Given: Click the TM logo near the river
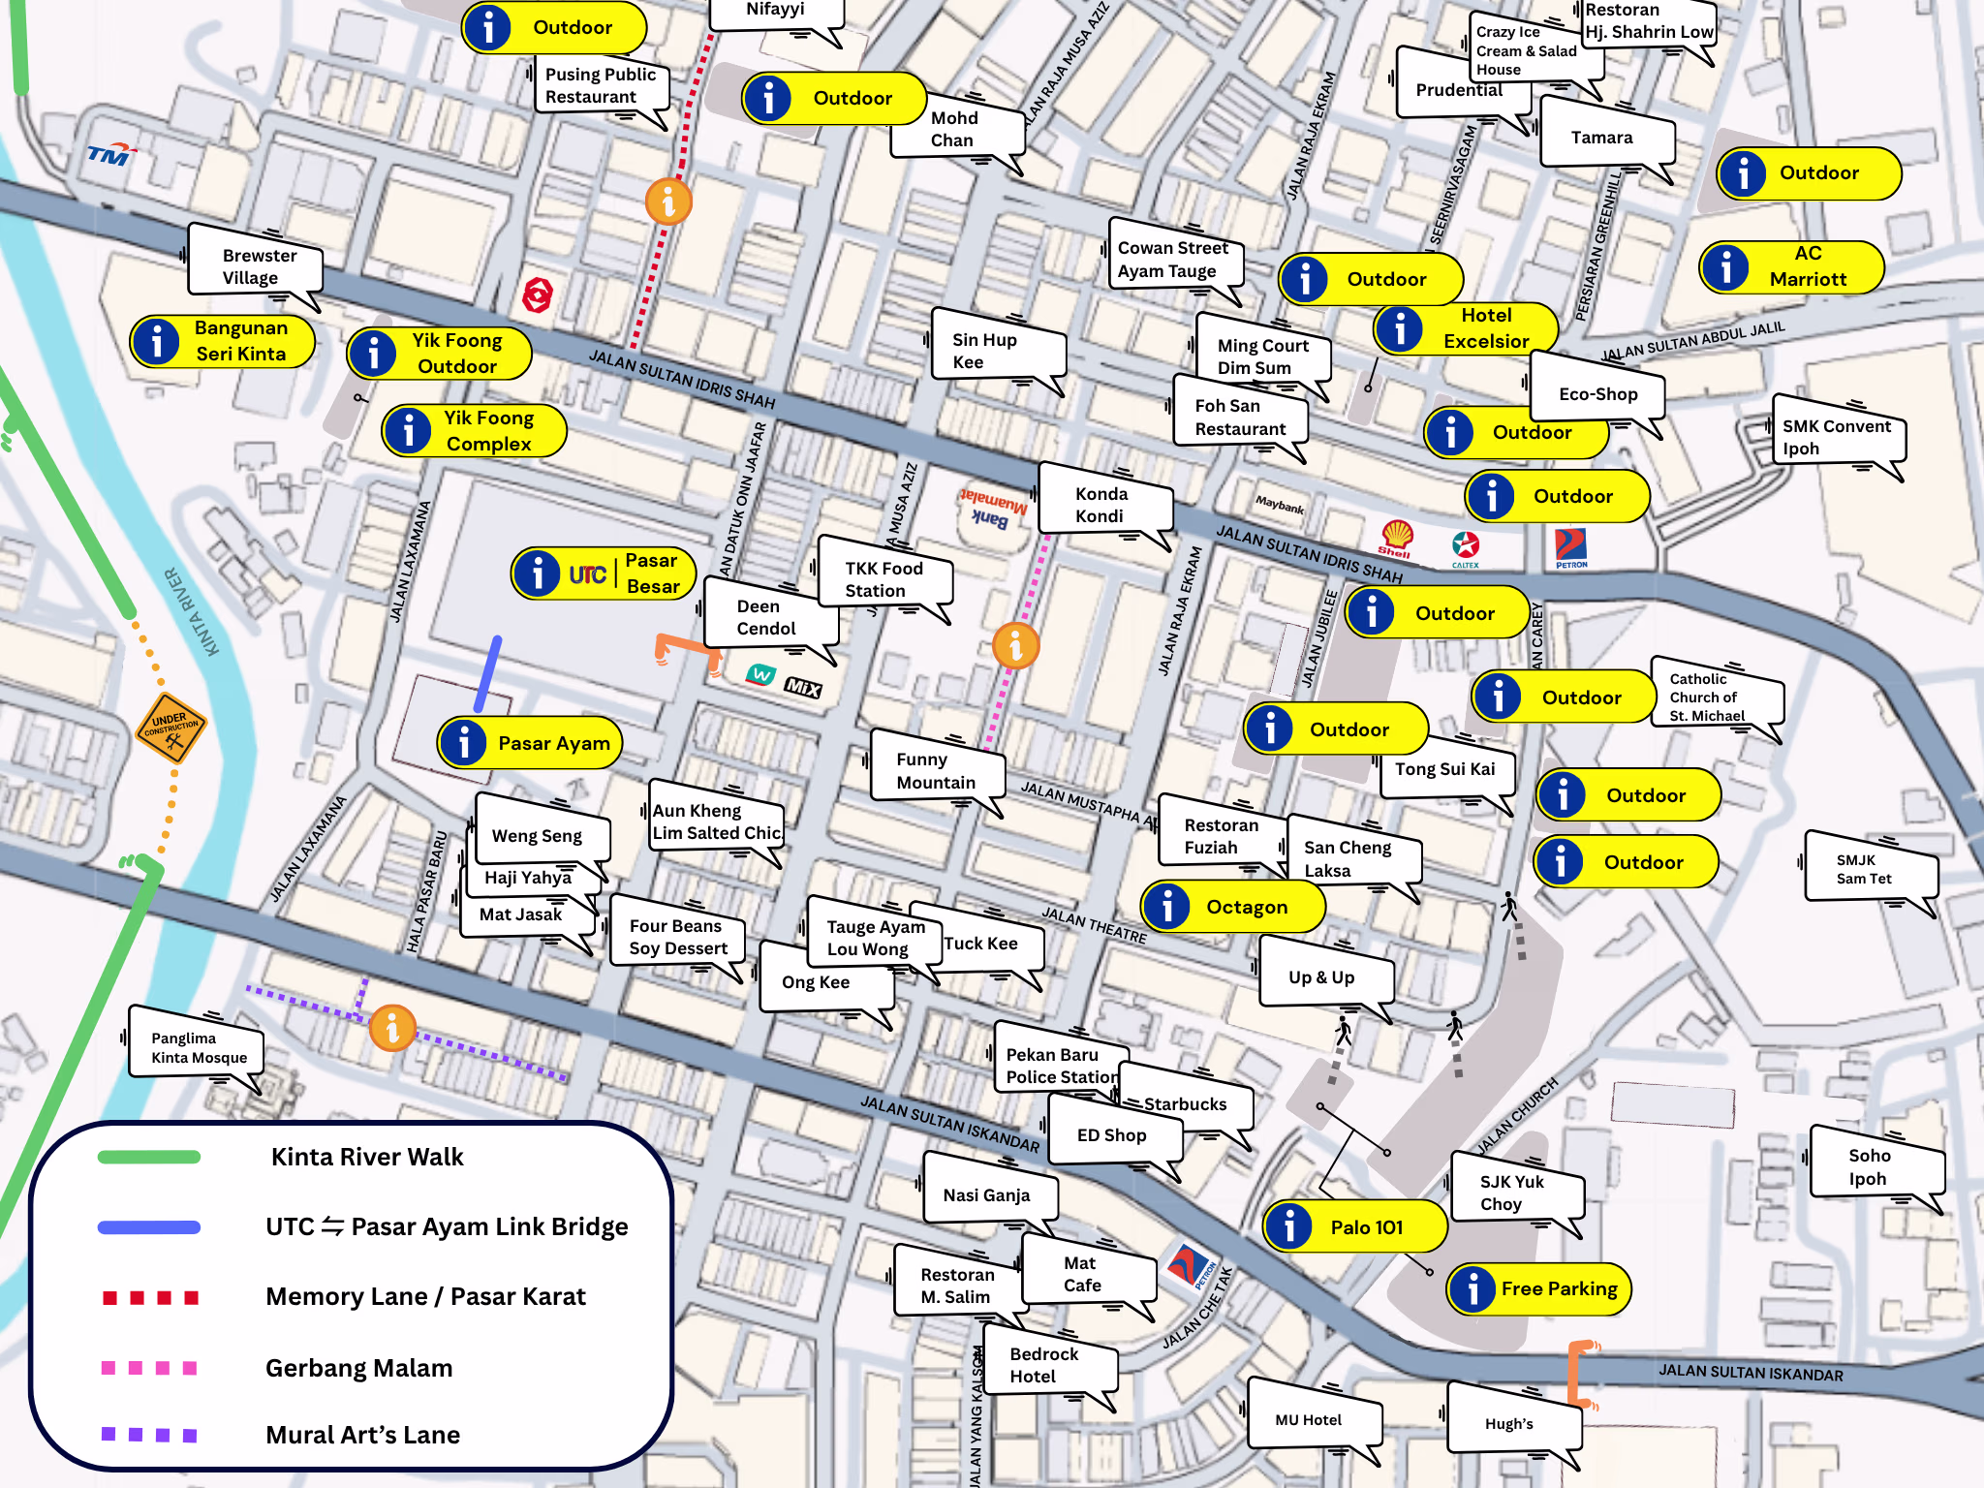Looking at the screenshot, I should pos(110,154).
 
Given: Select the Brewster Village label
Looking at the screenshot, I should pos(255,266).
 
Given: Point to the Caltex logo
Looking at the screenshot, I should pos(1465,548).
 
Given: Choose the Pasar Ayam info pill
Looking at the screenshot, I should pos(530,743).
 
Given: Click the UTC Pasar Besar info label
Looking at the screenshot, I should pos(604,573).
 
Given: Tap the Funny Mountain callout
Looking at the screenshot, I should pos(936,770).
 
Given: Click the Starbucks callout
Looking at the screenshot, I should pos(1184,1104).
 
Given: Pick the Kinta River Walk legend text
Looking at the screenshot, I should pos(367,1157).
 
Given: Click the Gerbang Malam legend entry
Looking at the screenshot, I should pos(358,1368).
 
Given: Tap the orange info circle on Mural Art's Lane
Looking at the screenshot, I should pos(392,1027).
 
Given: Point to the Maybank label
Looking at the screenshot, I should pos(1279,505).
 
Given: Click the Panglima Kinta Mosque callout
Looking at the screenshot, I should pos(197,1048).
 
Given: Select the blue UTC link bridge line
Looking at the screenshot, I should pos(488,673).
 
